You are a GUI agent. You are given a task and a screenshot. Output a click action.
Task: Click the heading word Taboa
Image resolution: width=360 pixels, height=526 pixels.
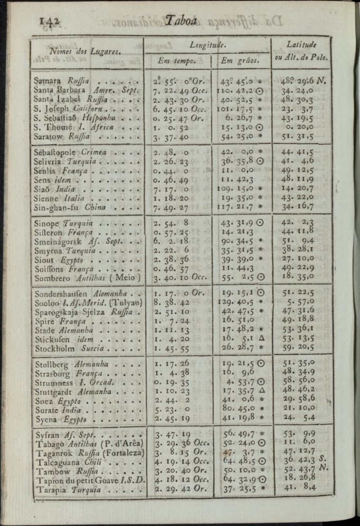pyautogui.click(x=181, y=21)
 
